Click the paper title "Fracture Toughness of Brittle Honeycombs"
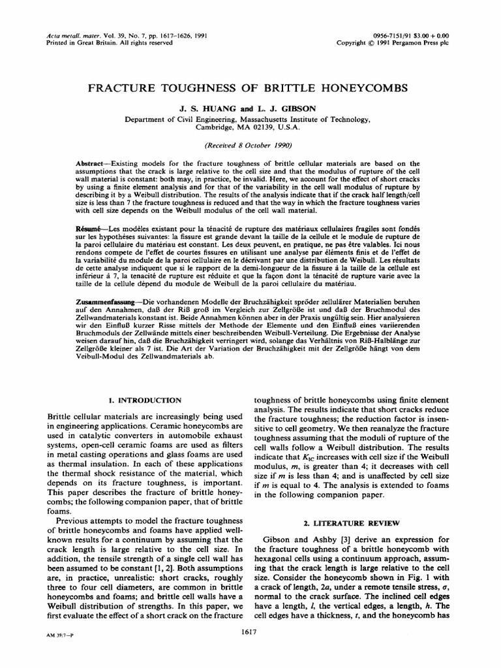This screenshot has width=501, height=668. pos(250,88)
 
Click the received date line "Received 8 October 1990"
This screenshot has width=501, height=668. pos(250,145)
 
